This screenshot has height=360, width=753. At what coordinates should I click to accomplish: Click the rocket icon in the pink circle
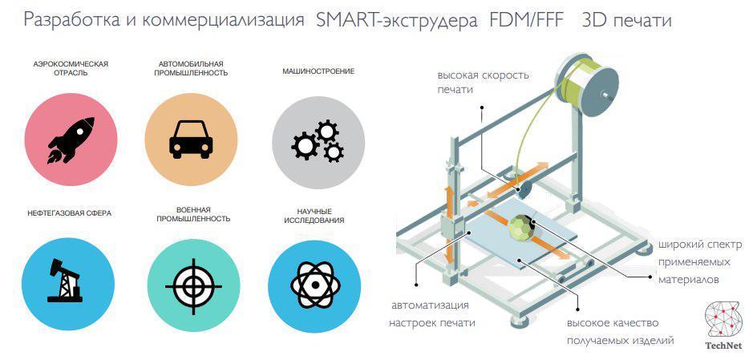[71, 140]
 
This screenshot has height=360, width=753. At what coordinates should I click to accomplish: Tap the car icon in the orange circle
[191, 140]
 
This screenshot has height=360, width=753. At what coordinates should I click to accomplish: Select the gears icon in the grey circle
[318, 140]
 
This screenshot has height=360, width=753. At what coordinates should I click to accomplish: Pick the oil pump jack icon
[64, 281]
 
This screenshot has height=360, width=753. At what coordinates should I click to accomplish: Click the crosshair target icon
[193, 286]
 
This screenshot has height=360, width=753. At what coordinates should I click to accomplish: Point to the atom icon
[315, 285]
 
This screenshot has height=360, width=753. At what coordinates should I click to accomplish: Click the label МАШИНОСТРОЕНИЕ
[318, 71]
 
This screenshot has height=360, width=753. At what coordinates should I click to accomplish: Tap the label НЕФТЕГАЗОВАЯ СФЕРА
[70, 213]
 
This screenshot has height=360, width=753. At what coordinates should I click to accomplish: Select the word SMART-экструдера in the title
[397, 21]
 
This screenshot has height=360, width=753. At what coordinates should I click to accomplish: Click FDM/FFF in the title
[526, 21]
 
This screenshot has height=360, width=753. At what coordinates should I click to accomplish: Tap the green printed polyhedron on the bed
[522, 229]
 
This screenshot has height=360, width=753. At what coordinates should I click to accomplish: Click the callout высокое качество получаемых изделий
[620, 332]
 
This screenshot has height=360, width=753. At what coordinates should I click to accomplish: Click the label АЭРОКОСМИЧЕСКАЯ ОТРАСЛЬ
[71, 69]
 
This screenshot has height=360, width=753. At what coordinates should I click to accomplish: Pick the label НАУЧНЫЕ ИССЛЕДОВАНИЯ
[314, 216]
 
